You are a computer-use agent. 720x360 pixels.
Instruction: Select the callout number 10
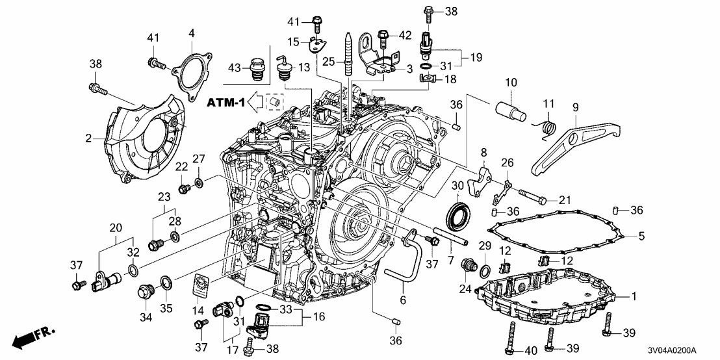pos(511,83)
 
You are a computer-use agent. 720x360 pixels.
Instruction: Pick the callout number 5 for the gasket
pos(641,237)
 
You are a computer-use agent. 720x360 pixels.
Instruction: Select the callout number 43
pos(235,68)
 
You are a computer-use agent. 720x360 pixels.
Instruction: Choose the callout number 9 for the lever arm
pos(574,107)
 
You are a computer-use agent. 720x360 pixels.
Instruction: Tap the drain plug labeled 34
pos(144,294)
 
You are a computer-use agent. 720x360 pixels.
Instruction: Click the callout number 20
pos(116,227)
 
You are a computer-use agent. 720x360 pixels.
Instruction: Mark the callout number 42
pos(405,35)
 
